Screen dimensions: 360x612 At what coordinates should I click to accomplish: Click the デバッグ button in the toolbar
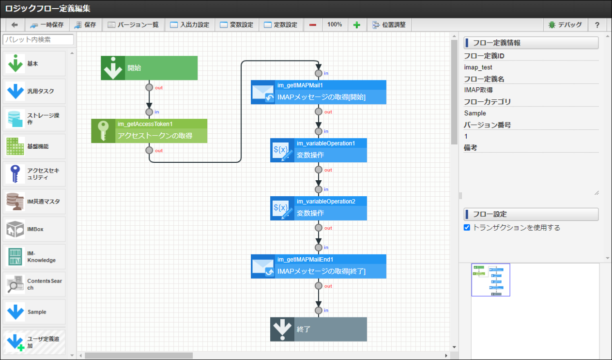(x=565, y=25)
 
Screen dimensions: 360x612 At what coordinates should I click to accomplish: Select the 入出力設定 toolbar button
(x=189, y=25)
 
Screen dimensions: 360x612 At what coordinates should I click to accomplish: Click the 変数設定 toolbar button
(x=236, y=25)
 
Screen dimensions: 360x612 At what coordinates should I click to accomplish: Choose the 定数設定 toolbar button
(x=281, y=25)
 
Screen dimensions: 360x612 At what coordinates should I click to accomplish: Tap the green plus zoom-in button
(x=356, y=25)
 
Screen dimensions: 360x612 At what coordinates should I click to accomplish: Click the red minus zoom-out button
(x=313, y=25)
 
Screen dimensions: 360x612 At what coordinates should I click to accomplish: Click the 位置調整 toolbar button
(x=389, y=25)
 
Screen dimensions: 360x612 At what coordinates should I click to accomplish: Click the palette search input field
(x=38, y=40)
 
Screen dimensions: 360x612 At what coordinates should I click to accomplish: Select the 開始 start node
(x=149, y=68)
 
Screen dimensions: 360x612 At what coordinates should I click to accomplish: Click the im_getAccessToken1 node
(x=149, y=131)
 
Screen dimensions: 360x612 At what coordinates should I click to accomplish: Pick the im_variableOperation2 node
(x=318, y=208)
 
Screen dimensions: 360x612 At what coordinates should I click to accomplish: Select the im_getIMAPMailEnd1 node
(x=318, y=266)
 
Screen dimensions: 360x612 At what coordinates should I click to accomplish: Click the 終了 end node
(x=318, y=329)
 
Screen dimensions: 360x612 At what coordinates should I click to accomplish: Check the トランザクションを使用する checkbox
(x=467, y=228)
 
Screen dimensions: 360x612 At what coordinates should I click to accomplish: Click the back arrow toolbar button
(x=15, y=25)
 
